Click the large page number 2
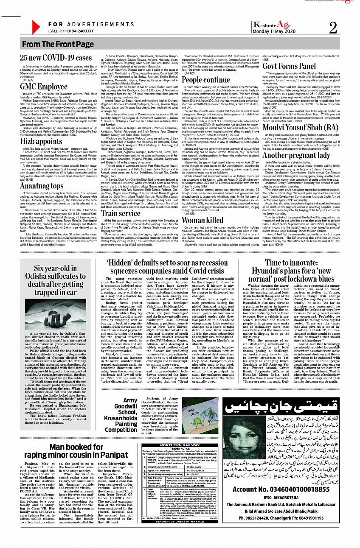(x=333, y=28)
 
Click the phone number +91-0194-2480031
(x=71, y=31)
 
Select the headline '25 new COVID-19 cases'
(x=56, y=58)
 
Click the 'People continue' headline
(x=206, y=79)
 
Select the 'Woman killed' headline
(x=202, y=220)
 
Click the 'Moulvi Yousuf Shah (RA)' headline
(x=301, y=127)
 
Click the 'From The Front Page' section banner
(x=58, y=44)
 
